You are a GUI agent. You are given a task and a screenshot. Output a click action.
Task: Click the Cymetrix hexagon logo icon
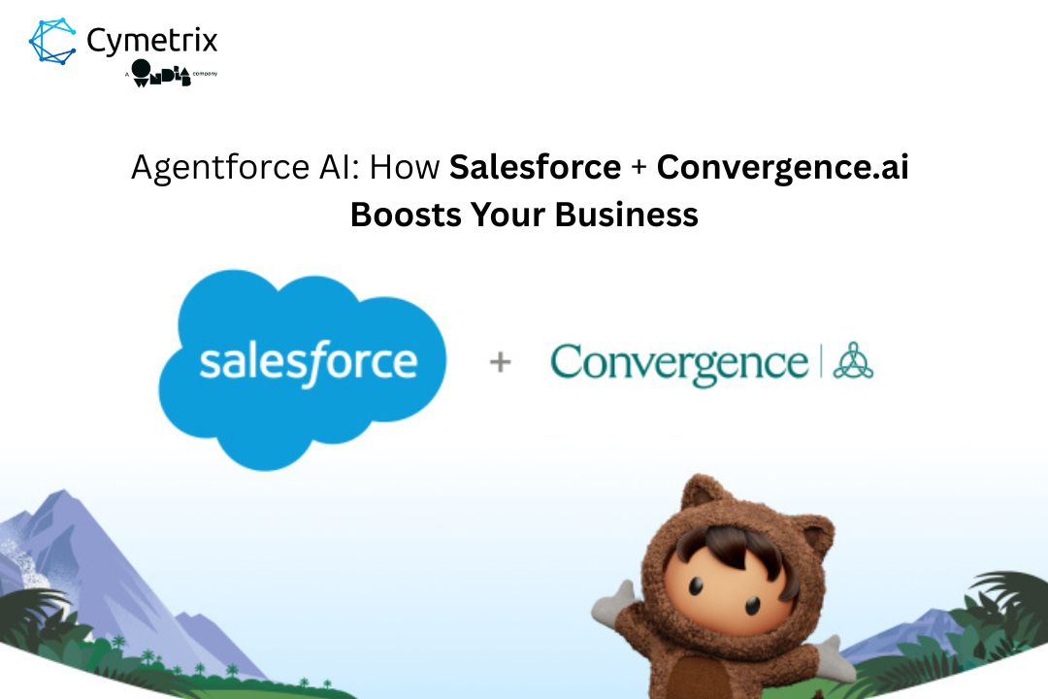(x=53, y=42)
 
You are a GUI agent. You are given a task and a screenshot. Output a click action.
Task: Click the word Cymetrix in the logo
(x=152, y=41)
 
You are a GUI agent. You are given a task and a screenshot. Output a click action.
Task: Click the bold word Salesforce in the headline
(x=535, y=168)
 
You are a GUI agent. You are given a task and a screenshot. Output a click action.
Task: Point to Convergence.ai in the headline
(x=782, y=168)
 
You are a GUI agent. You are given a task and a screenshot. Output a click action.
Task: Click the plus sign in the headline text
(x=639, y=169)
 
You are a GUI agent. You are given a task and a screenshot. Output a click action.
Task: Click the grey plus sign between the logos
(x=500, y=363)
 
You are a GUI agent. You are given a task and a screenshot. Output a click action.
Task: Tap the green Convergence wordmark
(x=678, y=363)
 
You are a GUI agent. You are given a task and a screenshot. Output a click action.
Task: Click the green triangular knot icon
(x=853, y=360)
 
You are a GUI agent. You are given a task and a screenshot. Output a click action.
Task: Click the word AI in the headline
(x=338, y=168)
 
